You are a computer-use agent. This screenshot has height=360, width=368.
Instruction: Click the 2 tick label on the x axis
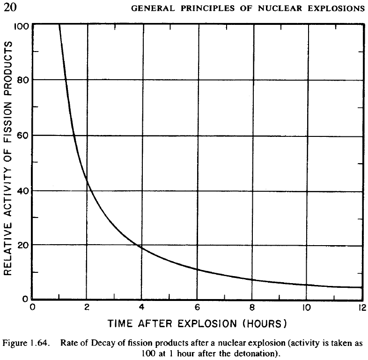87,307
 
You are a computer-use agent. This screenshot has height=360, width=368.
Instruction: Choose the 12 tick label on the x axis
361,307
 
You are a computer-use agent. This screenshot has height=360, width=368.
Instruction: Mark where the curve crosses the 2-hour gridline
87,180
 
